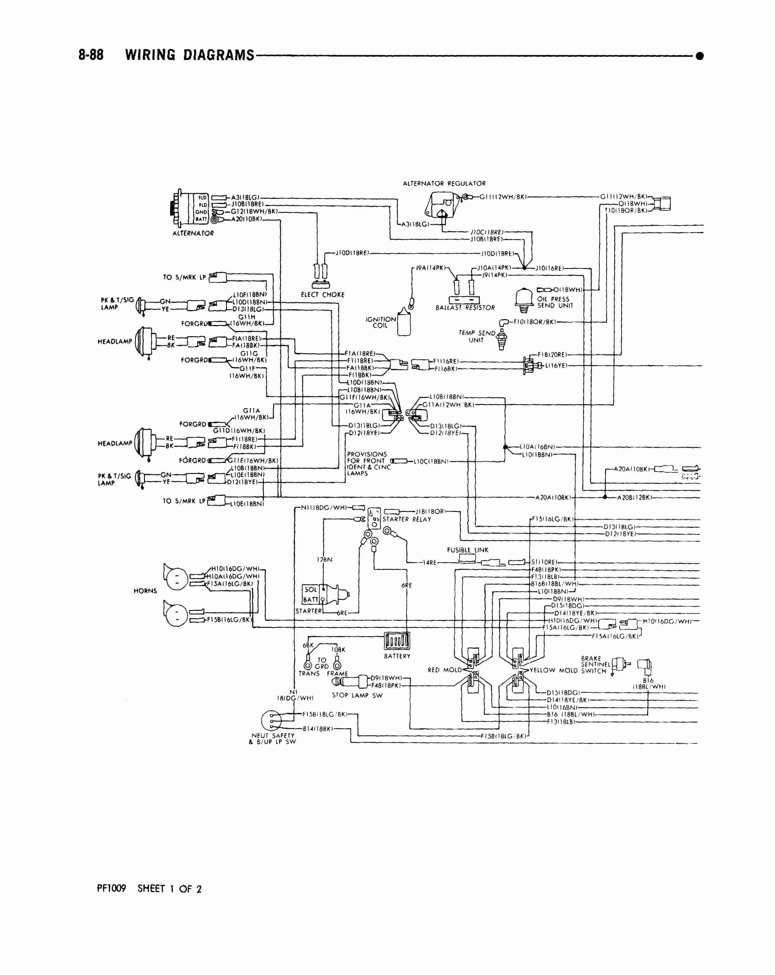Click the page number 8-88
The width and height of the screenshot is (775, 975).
pyautogui.click(x=91, y=55)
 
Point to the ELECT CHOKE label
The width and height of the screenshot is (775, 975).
pyautogui.click(x=322, y=295)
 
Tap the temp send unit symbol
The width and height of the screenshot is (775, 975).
pyautogui.click(x=501, y=340)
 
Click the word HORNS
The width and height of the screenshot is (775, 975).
pyautogui.click(x=145, y=591)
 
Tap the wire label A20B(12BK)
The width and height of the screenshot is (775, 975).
pyautogui.click(x=635, y=497)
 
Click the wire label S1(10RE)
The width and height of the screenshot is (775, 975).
pyautogui.click(x=544, y=562)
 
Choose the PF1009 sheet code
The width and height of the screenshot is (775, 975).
pyautogui.click(x=111, y=889)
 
